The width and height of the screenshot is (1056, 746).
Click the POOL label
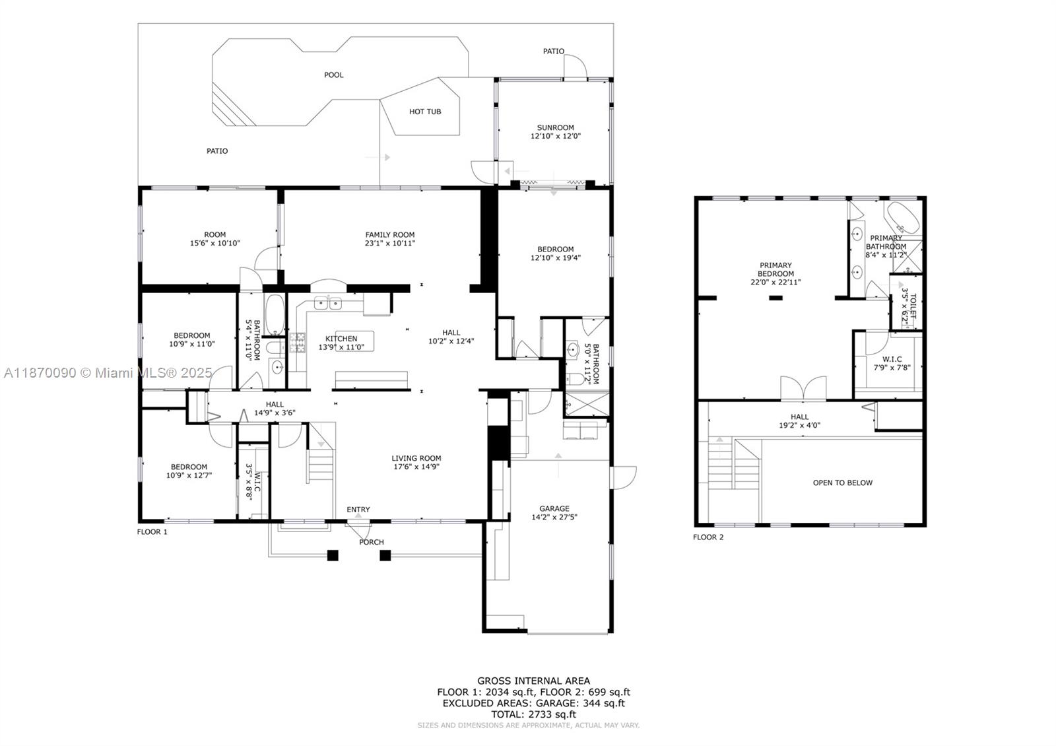point(334,75)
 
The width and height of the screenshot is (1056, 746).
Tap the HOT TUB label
point(425,112)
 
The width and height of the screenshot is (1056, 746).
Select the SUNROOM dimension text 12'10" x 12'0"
point(556,136)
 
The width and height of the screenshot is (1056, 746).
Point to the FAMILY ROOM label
point(390,235)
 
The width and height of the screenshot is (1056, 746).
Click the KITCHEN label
point(341,339)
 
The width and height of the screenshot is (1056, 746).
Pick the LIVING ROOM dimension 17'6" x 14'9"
point(416,467)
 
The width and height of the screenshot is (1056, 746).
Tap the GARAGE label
point(554,508)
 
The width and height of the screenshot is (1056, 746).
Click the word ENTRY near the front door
point(358,509)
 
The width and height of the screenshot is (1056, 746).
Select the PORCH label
point(372,542)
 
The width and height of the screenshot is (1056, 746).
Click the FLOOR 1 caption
point(152,532)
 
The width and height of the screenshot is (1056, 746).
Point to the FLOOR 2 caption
point(708,537)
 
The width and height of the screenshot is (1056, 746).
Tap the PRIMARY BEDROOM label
point(776,269)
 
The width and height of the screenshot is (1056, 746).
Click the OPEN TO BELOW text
point(843,483)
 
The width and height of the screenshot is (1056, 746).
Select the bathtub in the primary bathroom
point(904,219)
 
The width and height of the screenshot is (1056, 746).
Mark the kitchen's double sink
point(327,303)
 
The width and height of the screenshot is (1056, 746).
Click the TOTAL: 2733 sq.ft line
point(534,714)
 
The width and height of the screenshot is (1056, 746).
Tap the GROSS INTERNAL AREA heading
point(534,681)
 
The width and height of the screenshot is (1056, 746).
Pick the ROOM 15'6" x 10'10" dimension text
point(215,244)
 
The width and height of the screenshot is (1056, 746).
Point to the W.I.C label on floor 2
point(892,359)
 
